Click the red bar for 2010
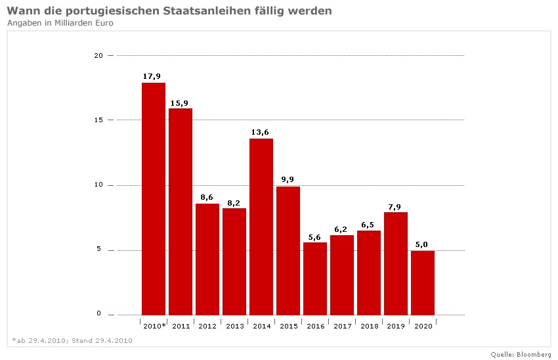[154, 198]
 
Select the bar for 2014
[261, 227]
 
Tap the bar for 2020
[423, 282]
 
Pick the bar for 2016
[315, 279]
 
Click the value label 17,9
[152, 76]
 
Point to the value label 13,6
[261, 132]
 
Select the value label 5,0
[421, 244]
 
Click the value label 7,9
[395, 206]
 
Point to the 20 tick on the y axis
[98, 56]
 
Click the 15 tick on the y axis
[98, 120]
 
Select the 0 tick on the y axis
[100, 314]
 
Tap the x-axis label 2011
[181, 326]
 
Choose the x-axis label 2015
[288, 326]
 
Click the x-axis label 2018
[369, 326]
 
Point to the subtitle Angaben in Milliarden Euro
[60, 23]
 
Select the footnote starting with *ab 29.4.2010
[72, 340]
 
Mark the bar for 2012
[207, 259]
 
